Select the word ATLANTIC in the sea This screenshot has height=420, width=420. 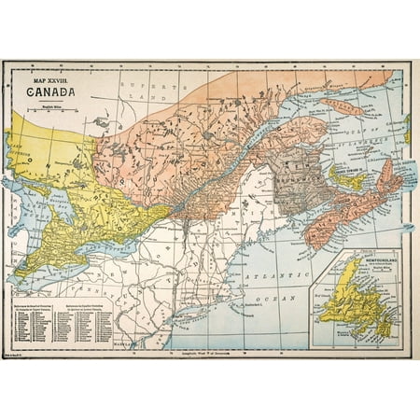tap(279, 278)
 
